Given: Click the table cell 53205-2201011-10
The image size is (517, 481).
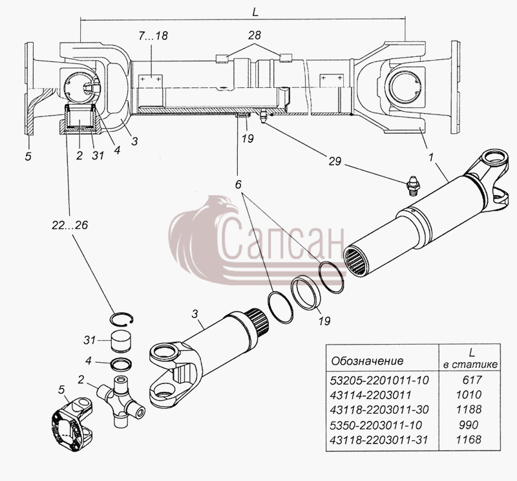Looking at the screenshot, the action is click(x=379, y=380).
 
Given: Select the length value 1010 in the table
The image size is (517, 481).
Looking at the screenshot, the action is click(x=469, y=394).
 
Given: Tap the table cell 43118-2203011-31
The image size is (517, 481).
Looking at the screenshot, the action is click(x=379, y=440).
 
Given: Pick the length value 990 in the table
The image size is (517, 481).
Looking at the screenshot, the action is click(x=469, y=425).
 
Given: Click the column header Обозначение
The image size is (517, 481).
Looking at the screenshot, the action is click(x=367, y=361).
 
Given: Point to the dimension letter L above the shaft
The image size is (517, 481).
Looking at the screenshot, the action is click(x=255, y=12).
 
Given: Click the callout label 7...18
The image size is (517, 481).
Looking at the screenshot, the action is click(x=153, y=36).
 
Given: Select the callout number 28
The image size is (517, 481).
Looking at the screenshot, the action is click(x=254, y=35).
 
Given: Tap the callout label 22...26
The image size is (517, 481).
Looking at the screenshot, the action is click(x=70, y=225).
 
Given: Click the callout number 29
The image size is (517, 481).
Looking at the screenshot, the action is click(x=334, y=162).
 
